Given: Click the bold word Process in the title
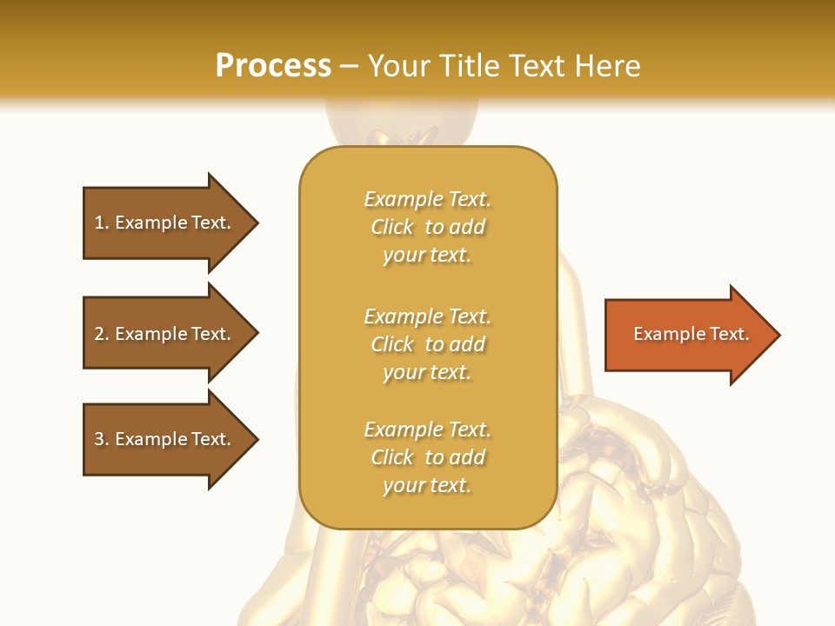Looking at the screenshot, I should tap(273, 66).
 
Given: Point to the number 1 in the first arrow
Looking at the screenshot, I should tap(100, 223).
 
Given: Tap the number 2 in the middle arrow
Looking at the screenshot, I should tap(100, 334).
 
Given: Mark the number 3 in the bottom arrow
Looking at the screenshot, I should tap(100, 439).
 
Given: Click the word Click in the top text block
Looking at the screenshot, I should tap(392, 227).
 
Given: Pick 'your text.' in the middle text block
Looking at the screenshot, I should tap(427, 372).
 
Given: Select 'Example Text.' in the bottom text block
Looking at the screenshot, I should tap(427, 430).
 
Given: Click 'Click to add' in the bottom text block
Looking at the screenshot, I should tap(427, 457).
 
